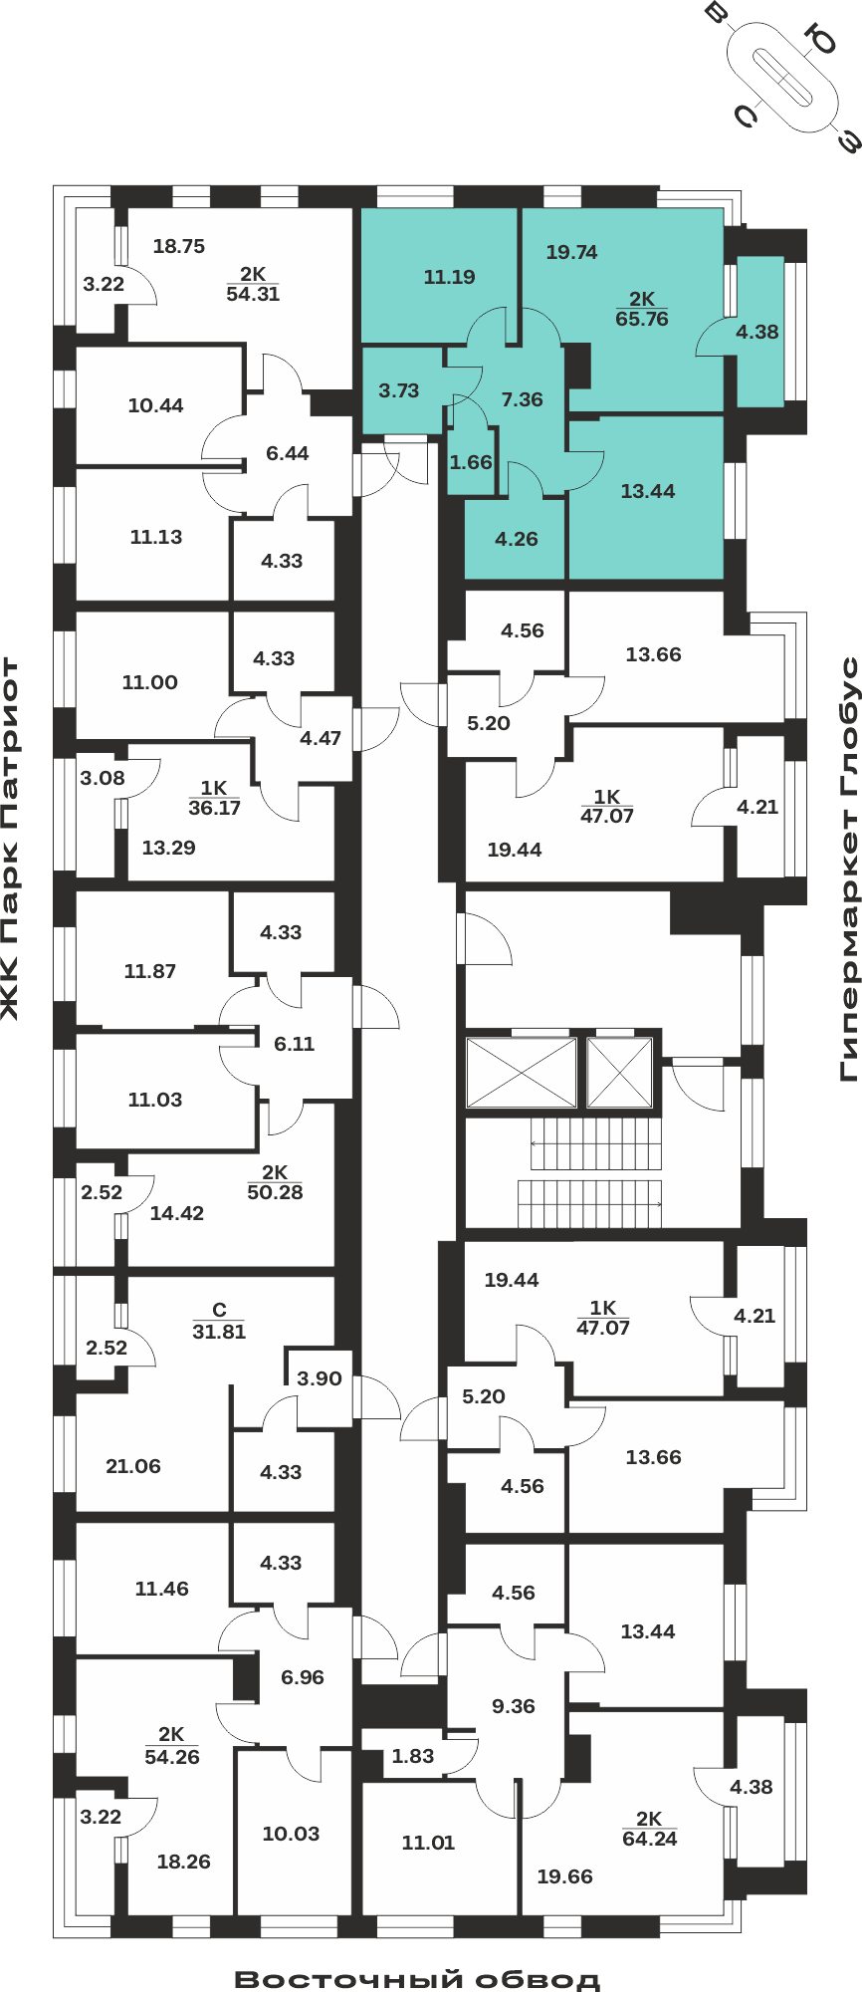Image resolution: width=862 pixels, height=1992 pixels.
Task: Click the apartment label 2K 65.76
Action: click(x=642, y=309)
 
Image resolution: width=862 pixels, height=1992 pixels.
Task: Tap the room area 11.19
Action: click(x=449, y=277)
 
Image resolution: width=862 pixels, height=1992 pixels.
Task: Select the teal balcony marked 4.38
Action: click(x=758, y=332)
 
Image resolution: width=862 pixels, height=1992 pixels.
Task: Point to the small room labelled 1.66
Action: click(x=471, y=462)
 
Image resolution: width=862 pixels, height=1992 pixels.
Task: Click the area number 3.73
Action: click(x=399, y=390)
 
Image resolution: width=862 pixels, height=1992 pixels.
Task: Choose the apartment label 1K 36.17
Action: click(x=214, y=799)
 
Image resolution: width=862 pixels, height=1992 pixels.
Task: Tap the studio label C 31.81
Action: click(x=219, y=1322)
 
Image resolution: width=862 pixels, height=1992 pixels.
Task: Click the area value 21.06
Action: click(x=133, y=1466)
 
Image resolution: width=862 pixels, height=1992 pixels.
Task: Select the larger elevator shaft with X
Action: click(x=522, y=1073)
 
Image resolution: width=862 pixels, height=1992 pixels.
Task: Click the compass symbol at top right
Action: click(x=782, y=77)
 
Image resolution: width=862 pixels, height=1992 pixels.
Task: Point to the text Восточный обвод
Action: click(x=417, y=1978)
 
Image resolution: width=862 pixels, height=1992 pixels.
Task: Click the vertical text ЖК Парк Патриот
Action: click(x=10, y=839)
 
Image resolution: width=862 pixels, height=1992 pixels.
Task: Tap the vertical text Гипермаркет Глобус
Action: click(x=849, y=869)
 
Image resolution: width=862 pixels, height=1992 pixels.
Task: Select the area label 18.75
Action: click(x=179, y=246)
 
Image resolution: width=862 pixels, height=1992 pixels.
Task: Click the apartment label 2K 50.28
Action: click(x=275, y=1182)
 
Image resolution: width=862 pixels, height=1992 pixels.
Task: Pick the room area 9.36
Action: click(x=514, y=1706)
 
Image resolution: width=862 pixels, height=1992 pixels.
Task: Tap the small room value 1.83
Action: click(x=413, y=1756)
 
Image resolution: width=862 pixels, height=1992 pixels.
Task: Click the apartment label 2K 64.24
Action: click(x=649, y=1829)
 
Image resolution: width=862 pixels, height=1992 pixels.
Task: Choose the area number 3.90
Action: click(x=320, y=1378)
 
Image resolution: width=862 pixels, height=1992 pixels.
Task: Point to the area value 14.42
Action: click(x=177, y=1213)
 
